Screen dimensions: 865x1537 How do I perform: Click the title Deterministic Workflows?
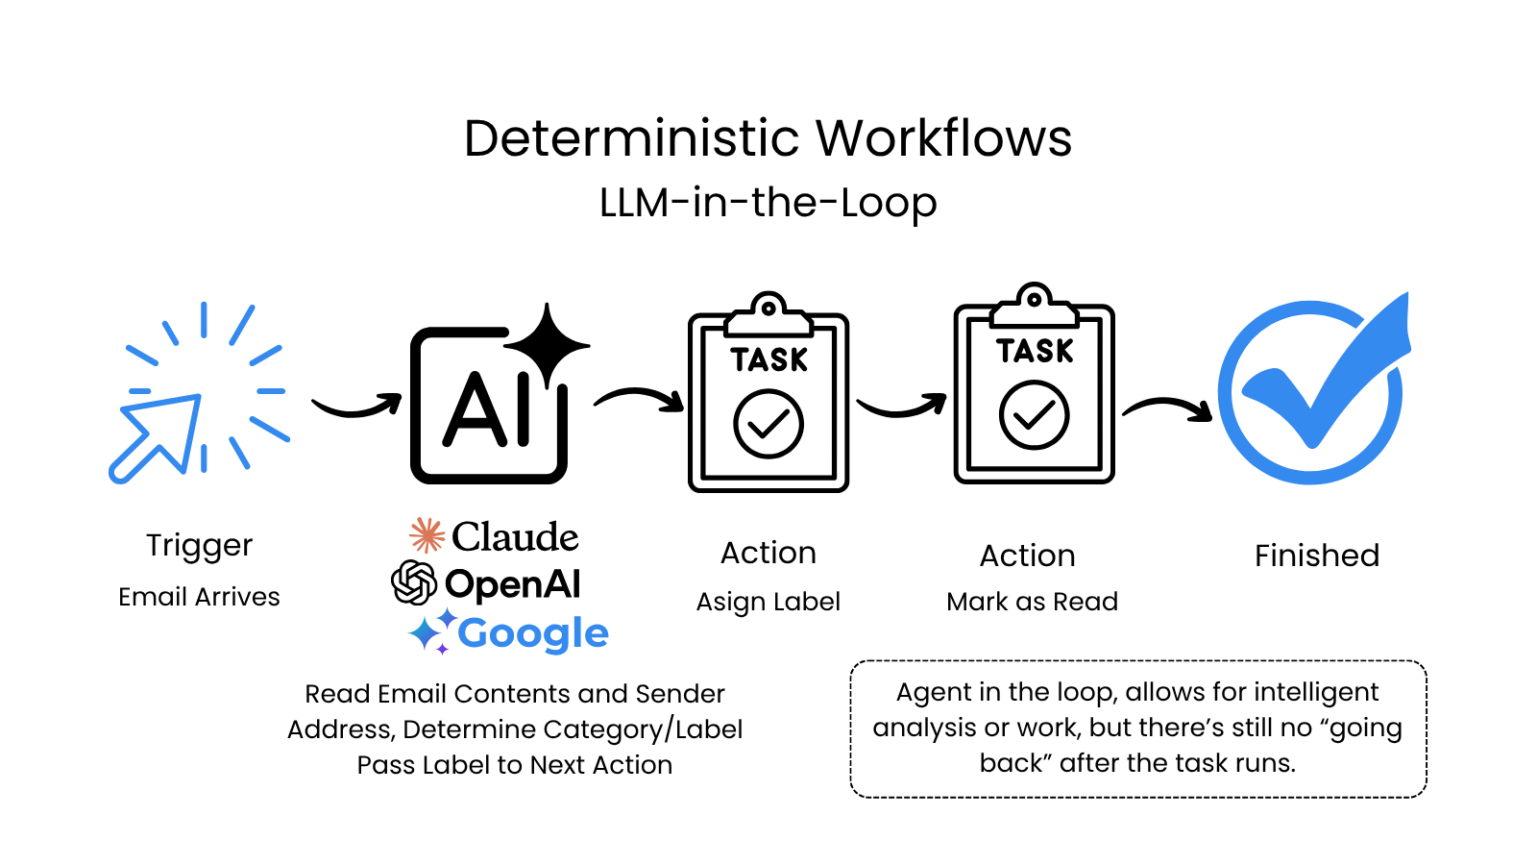click(768, 138)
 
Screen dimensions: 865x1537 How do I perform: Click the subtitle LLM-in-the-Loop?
click(768, 203)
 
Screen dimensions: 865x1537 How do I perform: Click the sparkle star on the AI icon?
click(547, 344)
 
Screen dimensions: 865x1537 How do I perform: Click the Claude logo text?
click(514, 536)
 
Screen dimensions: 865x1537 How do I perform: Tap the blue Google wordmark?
click(532, 633)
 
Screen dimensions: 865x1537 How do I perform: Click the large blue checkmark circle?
click(1312, 389)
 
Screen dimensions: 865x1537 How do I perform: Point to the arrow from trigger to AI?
click(355, 408)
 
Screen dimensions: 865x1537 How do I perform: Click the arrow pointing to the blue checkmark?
click(1167, 408)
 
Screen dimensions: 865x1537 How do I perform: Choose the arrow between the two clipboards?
click(901, 407)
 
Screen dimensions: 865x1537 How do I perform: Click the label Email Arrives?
click(199, 597)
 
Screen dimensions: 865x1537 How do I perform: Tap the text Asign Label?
click(768, 602)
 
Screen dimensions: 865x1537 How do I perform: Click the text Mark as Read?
click(1032, 602)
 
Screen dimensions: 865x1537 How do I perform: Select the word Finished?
click(1316, 556)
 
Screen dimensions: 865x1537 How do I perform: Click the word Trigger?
click(199, 545)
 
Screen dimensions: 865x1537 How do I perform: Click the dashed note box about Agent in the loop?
click(1137, 729)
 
